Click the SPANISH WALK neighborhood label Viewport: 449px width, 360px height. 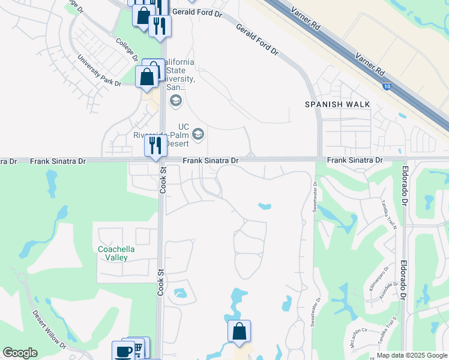point(337,104)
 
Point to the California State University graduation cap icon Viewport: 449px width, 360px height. point(175,100)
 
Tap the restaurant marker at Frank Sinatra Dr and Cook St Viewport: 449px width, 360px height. point(155,146)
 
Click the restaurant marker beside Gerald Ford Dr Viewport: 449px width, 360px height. point(160,26)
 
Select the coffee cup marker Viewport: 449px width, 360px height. point(124,352)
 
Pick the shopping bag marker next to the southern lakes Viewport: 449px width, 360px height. point(239,331)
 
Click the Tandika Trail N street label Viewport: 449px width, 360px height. point(386,215)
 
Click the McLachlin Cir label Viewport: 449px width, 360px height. point(354,337)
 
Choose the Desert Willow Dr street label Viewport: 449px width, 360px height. point(50,329)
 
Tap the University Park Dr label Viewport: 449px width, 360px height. point(99,71)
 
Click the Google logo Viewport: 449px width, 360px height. point(20,353)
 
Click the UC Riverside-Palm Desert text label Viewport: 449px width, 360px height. point(162,135)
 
